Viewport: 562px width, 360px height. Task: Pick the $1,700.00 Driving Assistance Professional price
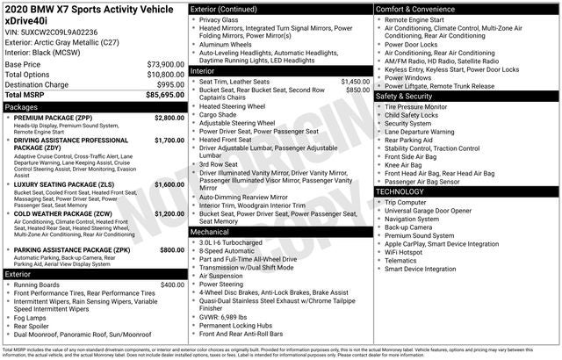coord(169,140)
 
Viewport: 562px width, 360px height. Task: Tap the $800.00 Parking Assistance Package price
coord(171,249)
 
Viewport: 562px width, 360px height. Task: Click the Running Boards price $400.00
coord(171,284)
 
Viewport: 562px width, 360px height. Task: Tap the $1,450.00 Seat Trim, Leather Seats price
coord(354,81)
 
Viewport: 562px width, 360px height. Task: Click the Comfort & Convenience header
coord(415,9)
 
